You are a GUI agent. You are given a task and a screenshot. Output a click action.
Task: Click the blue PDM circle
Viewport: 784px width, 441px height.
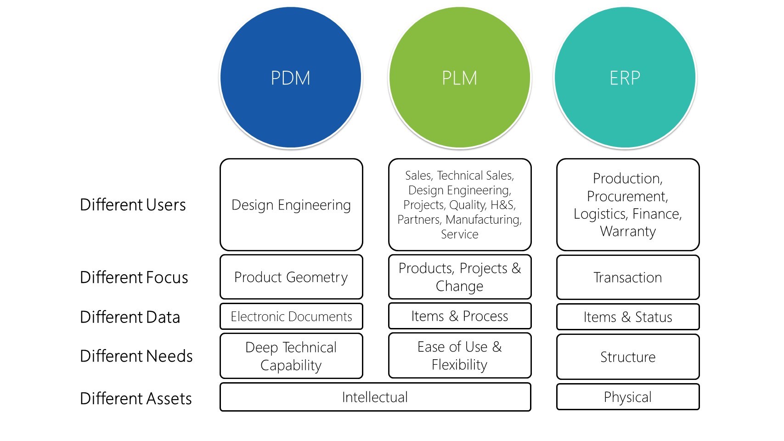[291, 78]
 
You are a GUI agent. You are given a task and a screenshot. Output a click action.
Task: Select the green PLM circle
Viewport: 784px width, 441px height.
[459, 78]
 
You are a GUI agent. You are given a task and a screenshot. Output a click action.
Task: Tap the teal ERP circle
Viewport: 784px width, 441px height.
[625, 78]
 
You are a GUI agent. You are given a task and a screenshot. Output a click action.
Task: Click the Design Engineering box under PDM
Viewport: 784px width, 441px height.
[291, 204]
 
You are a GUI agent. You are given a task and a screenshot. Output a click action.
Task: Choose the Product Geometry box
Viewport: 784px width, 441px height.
[291, 277]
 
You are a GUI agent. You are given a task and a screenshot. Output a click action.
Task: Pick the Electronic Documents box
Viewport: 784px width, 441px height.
[291, 317]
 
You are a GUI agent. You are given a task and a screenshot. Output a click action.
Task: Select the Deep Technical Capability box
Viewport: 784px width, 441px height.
[291, 356]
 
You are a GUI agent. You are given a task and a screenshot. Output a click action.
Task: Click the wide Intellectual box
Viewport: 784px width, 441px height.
[375, 397]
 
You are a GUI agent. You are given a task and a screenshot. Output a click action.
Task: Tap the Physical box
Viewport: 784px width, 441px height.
[627, 397]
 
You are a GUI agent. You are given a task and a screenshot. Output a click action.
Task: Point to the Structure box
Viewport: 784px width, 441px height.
[627, 357]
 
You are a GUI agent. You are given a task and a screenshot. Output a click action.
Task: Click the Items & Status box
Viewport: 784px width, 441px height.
[627, 317]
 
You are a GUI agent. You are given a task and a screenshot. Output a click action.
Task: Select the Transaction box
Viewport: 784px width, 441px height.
[627, 277]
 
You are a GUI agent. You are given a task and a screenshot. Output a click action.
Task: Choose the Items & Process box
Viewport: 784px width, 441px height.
[459, 316]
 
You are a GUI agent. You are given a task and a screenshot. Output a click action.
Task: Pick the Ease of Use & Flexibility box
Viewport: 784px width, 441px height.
[459, 356]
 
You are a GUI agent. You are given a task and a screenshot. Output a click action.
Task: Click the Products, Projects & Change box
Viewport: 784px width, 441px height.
[459, 277]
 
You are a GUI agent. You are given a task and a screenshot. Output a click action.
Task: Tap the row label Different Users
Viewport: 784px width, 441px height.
[133, 205]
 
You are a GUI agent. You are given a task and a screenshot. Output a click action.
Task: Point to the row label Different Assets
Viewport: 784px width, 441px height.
[135, 398]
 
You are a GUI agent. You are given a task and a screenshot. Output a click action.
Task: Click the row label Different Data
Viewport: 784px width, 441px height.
[130, 317]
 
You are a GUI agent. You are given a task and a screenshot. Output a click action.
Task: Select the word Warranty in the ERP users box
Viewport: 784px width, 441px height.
[627, 232]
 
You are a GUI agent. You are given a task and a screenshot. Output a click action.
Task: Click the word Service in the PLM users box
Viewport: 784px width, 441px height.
[459, 234]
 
